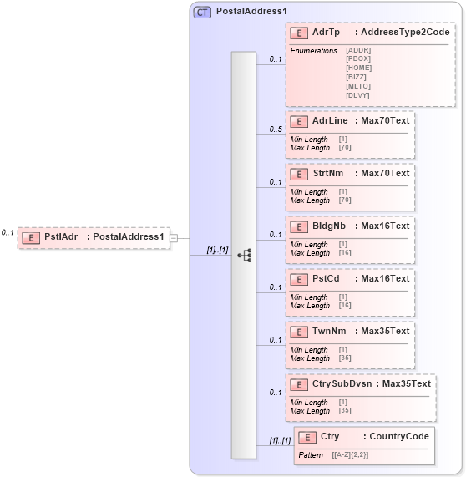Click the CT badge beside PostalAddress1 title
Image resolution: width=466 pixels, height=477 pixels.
[x=202, y=13]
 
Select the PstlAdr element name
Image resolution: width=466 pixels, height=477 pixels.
[x=61, y=236]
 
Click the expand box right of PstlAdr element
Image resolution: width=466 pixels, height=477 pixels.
[x=174, y=238]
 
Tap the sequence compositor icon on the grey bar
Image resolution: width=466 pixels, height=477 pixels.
[x=244, y=255]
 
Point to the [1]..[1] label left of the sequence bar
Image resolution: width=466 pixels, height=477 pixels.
[x=217, y=250]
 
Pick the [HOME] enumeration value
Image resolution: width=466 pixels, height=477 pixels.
[x=358, y=68]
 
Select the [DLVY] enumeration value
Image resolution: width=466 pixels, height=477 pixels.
[x=358, y=95]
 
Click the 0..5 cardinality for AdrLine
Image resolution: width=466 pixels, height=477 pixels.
[x=275, y=129]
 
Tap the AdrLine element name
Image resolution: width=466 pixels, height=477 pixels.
[x=329, y=121]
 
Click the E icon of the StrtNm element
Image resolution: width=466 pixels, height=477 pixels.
[x=298, y=174]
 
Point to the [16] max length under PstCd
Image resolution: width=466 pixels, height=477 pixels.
[x=344, y=306]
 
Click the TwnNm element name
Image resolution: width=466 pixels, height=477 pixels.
[x=328, y=332]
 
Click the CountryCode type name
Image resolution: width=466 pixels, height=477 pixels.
[x=398, y=437]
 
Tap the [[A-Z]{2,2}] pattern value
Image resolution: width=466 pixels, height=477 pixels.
[x=350, y=454]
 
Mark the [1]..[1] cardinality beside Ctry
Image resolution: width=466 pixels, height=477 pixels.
[x=279, y=440]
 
